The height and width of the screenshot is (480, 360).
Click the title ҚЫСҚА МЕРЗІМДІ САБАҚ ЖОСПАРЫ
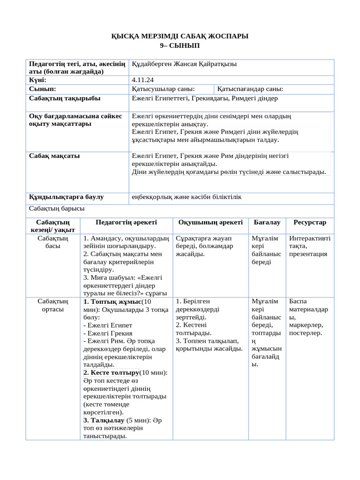[x=180, y=36]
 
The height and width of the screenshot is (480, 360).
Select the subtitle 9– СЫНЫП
[x=180, y=45]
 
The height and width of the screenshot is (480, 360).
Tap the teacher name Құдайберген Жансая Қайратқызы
[x=187, y=64]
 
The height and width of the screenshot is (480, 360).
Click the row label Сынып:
[x=43, y=89]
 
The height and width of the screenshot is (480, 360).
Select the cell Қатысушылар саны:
[x=164, y=89]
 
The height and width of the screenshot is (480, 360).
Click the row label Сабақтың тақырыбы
[x=65, y=98]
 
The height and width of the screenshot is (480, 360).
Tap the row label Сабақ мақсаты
[x=54, y=156]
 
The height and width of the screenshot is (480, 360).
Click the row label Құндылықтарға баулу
[x=67, y=196]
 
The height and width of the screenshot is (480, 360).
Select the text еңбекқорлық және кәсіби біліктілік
[x=187, y=196]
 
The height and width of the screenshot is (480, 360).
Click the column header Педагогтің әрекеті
[x=126, y=222]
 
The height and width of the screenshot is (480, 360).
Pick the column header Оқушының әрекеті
[x=210, y=222]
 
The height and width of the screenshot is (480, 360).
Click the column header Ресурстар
[x=310, y=222]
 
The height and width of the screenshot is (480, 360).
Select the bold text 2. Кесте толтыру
[x=111, y=372]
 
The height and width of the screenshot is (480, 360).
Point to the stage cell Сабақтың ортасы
[x=52, y=305]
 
